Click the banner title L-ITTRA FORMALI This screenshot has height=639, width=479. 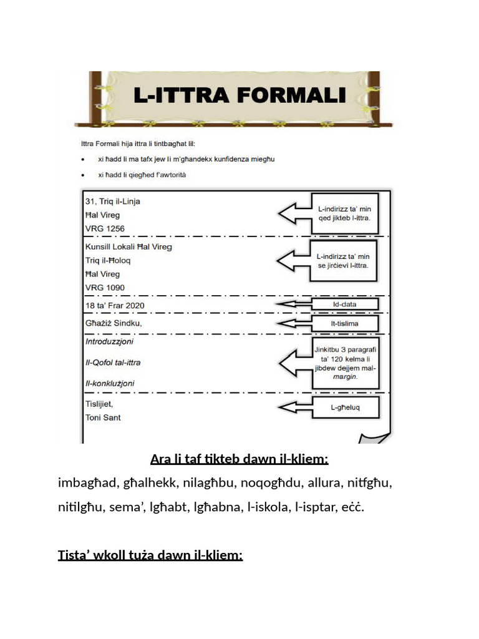tap(239, 95)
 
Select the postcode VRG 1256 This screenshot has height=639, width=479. tap(105, 228)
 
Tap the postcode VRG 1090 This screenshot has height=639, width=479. tap(105, 288)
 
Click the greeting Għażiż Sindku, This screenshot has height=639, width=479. tap(114, 323)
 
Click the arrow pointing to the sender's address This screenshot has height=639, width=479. tap(295, 213)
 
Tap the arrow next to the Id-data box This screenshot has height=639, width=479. tap(295, 304)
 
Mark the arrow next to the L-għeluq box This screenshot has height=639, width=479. tap(295, 408)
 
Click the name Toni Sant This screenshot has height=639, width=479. tap(103, 417)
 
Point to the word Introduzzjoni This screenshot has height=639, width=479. tap(109, 342)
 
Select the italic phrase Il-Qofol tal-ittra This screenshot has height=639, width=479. tap(113, 363)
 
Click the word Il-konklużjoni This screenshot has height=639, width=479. tap(110, 383)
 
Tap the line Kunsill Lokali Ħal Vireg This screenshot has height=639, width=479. tap(128, 246)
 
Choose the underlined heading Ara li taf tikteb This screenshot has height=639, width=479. tap(239, 460)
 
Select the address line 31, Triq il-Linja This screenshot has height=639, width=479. tap(113, 201)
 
